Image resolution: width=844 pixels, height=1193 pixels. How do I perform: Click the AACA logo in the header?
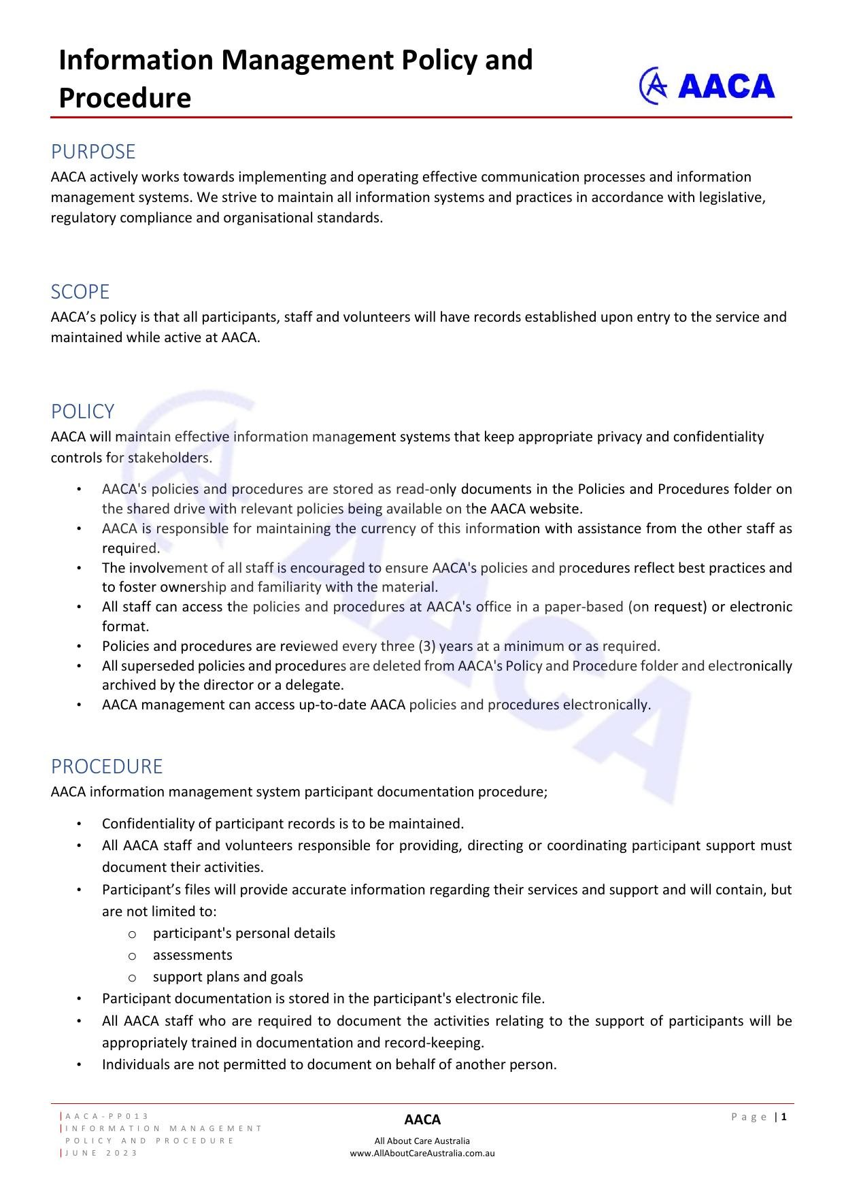click(707, 86)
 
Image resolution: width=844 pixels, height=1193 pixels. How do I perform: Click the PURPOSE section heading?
click(93, 151)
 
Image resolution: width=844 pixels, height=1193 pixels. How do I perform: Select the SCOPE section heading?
click(80, 292)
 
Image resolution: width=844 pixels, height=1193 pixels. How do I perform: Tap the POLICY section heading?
click(82, 411)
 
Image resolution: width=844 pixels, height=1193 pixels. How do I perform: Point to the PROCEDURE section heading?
click(107, 767)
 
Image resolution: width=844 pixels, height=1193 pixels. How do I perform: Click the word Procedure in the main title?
click(124, 98)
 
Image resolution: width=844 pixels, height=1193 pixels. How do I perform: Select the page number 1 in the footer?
click(784, 1117)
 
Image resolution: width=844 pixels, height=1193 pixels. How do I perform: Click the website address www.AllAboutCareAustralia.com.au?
click(422, 1154)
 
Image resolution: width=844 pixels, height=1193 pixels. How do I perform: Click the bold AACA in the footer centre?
click(422, 1120)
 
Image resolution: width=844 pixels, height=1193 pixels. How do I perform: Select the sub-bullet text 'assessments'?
click(192, 955)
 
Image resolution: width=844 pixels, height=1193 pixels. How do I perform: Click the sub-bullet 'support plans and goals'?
click(228, 977)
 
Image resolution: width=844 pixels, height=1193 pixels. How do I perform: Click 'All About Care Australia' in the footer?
click(422, 1141)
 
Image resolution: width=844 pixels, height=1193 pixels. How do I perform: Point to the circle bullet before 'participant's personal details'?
click(132, 934)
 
